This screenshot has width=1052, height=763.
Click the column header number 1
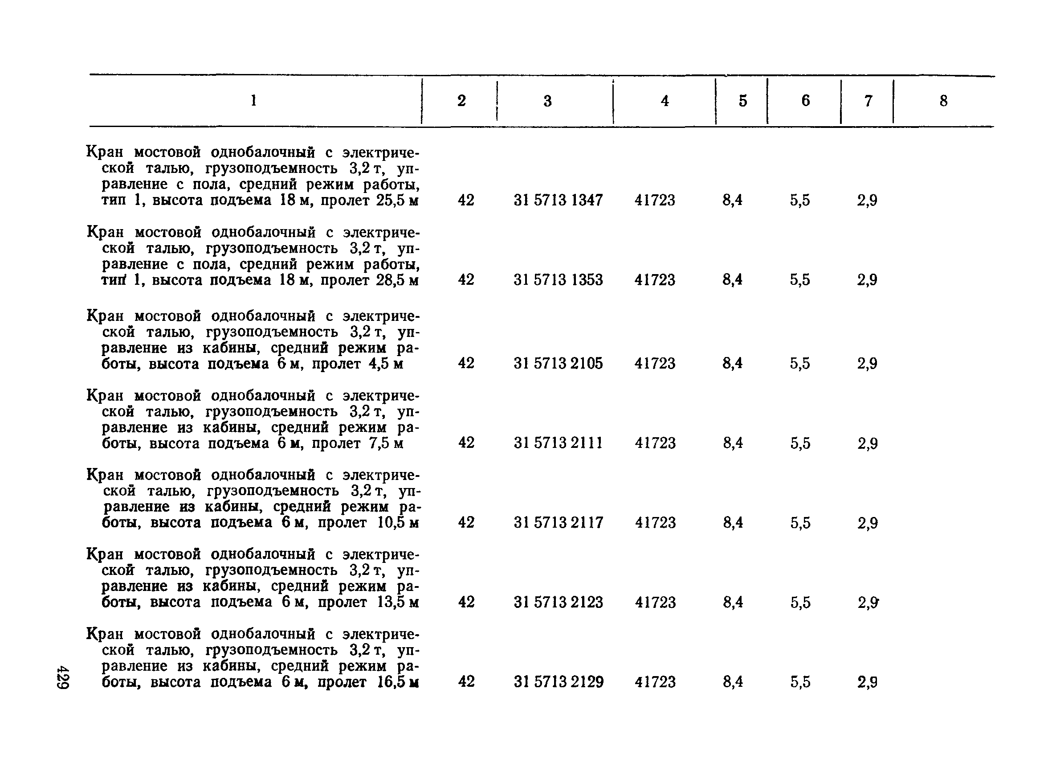[x=253, y=101]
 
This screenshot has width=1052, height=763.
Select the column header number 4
[x=665, y=101]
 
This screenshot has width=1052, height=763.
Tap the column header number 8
[x=943, y=101]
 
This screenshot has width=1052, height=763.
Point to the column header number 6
[x=805, y=101]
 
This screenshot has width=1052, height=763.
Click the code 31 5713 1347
[x=558, y=201]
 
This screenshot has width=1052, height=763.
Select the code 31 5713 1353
[x=558, y=280]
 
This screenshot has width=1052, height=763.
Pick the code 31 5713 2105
[x=558, y=363]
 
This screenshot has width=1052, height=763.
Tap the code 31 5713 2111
[x=558, y=443]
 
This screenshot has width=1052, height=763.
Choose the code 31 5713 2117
[x=558, y=523]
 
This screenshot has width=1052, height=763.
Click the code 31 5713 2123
[x=558, y=603]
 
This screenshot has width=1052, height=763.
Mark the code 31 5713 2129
[x=558, y=682]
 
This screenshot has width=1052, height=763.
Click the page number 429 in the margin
[x=63, y=677]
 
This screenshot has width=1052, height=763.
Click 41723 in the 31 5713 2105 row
[x=655, y=363]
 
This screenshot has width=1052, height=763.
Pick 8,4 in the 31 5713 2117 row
[x=733, y=523]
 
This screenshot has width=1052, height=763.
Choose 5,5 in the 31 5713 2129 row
[x=801, y=682]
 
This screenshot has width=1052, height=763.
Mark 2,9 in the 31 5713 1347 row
[x=867, y=201]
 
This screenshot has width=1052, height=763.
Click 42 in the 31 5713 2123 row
[x=466, y=603]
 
